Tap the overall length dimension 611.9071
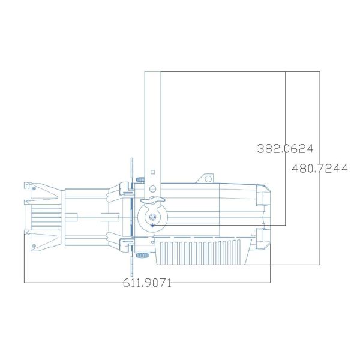pyautogui.click(x=146, y=283)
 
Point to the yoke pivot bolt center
pyautogui.click(x=152, y=217)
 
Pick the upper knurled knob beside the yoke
pyautogui.click(x=139, y=178)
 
